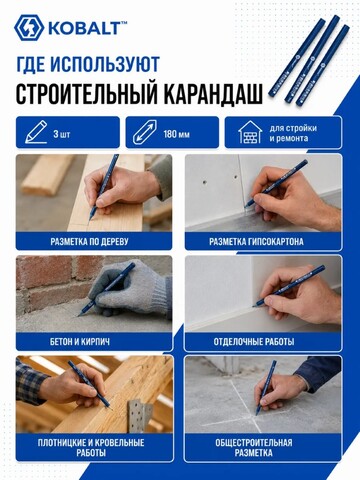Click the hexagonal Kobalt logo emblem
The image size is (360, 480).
29,28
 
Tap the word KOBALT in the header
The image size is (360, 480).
84,29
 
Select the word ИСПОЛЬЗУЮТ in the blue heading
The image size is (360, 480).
105,64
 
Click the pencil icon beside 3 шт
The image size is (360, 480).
36,132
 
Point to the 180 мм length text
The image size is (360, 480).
176,134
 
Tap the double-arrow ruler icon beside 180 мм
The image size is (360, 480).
144,132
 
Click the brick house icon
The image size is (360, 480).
250,132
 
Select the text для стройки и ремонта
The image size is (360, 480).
293,133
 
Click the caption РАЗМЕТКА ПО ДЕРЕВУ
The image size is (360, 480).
89,241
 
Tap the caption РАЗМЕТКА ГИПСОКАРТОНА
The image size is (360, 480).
256,241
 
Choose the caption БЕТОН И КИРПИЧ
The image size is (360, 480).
80,342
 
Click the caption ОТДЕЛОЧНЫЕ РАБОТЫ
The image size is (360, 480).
254,342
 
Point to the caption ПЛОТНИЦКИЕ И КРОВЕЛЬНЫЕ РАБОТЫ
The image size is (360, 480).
91,448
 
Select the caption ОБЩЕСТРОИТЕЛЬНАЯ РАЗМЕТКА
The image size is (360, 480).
254,448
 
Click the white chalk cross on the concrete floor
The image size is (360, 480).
247,407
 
